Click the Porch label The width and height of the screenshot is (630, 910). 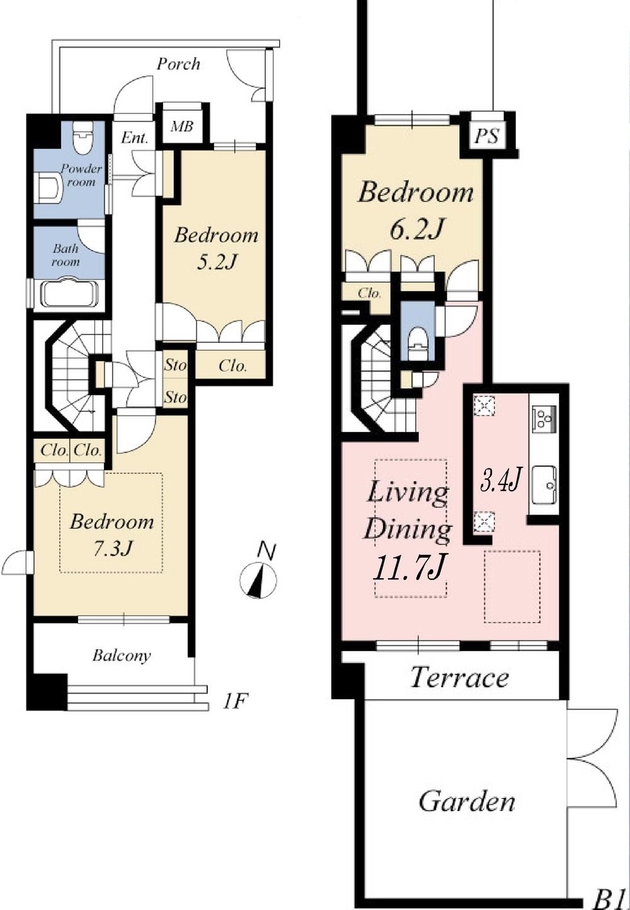point(178,64)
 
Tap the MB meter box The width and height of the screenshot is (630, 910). point(182,127)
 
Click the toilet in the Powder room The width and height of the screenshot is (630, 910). point(83,138)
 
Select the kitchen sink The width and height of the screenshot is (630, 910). point(544,485)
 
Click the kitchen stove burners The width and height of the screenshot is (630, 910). point(544,417)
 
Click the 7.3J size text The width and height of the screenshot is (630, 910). point(113,549)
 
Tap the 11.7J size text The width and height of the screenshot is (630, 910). point(410,568)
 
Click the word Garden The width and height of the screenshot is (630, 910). point(467,802)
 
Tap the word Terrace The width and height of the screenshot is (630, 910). point(459,678)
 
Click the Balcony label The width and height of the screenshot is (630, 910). point(122,656)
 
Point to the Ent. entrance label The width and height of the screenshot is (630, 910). point(134,138)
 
